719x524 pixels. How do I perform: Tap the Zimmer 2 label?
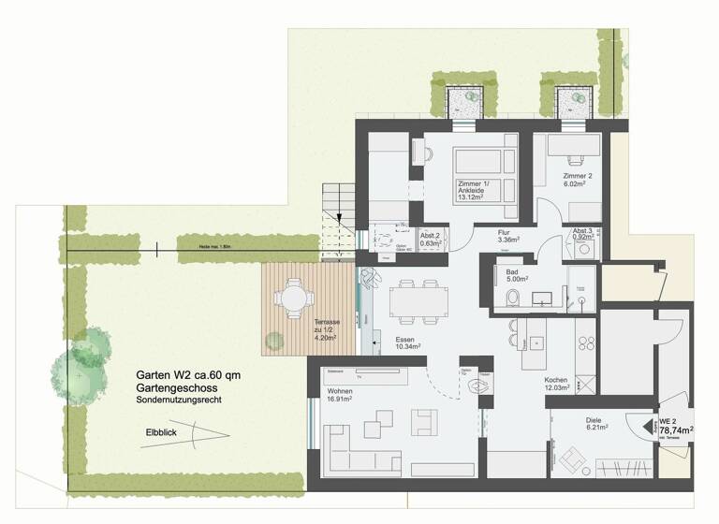[x=578, y=181]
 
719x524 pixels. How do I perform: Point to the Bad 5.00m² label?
[x=518, y=274]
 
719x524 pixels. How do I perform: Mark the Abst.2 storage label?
[x=431, y=240]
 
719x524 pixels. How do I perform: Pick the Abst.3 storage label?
[x=583, y=236]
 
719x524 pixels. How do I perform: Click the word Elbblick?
[x=164, y=432]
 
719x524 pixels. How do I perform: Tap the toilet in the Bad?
[x=511, y=298]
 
